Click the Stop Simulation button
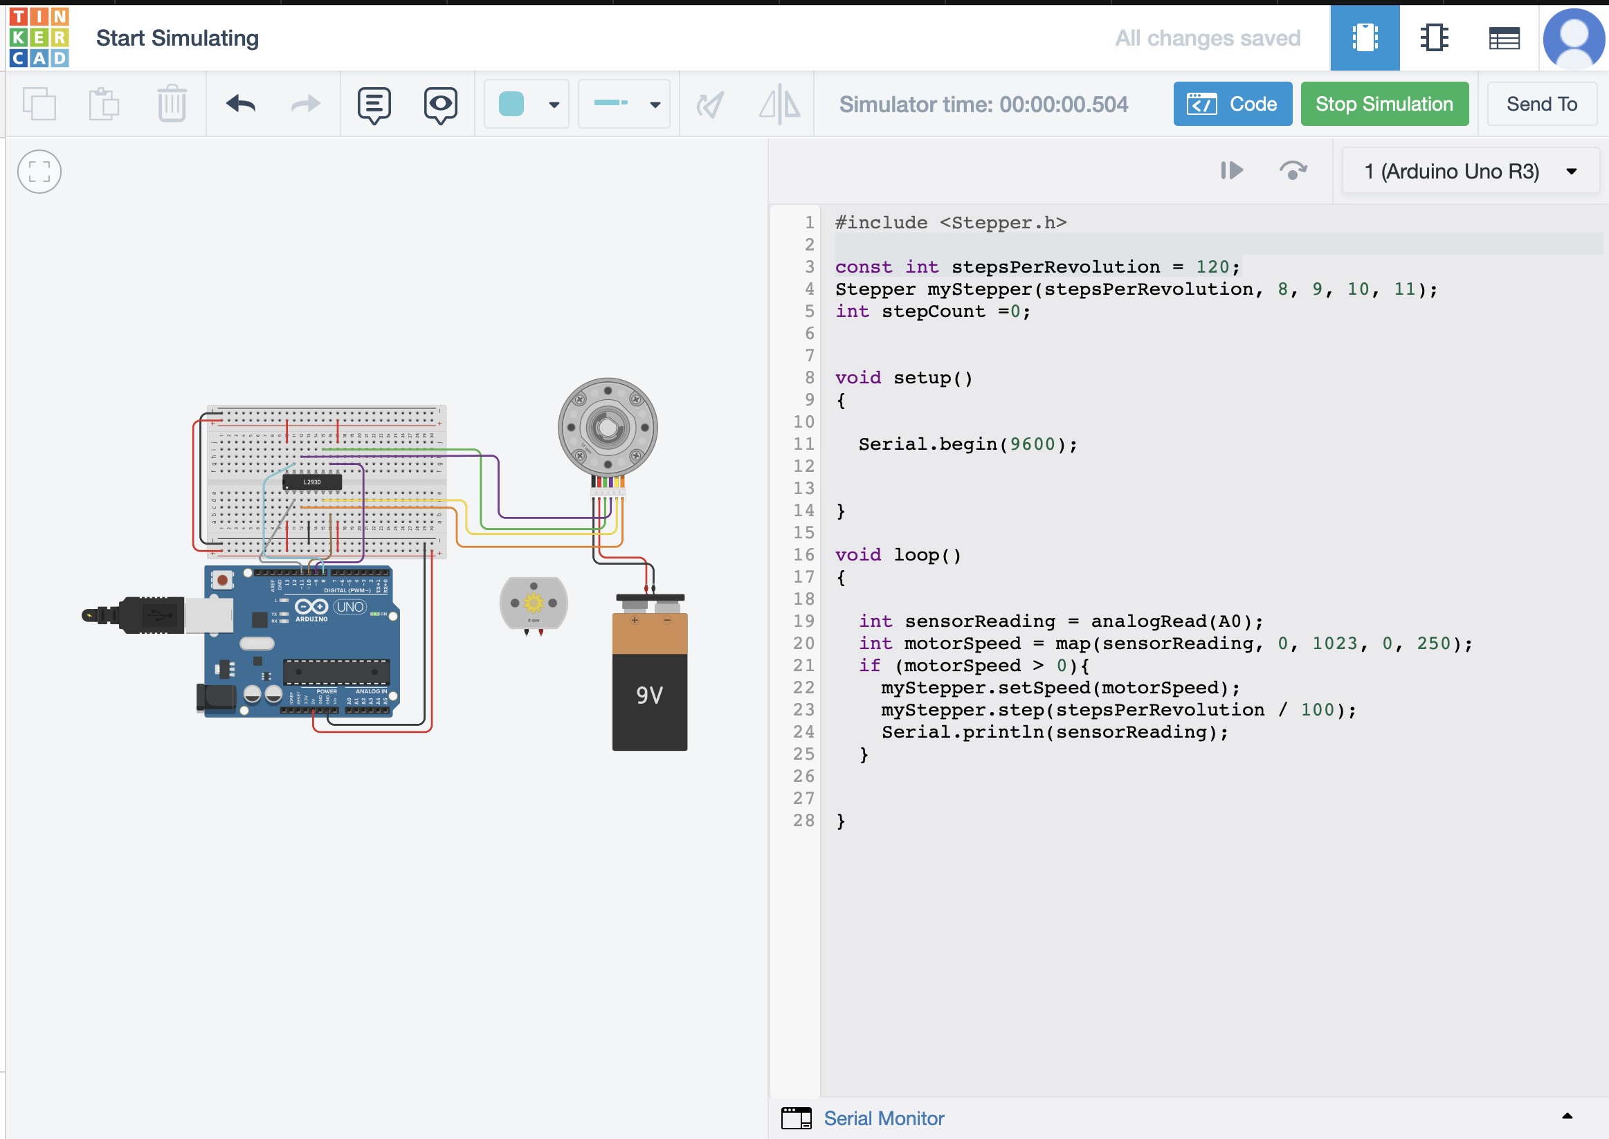1384,104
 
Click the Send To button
1541,104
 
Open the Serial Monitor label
883,1118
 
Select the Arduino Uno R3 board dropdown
1469,171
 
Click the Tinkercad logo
39,37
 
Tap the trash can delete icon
171,104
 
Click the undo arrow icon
241,104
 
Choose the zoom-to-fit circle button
39,171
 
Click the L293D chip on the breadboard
312,482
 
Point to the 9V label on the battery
649,695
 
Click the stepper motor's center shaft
608,427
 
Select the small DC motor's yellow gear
534,603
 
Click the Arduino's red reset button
222,580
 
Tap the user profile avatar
1573,37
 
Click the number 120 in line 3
1212,266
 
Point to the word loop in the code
916,555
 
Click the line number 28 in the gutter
803,821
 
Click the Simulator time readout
983,104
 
